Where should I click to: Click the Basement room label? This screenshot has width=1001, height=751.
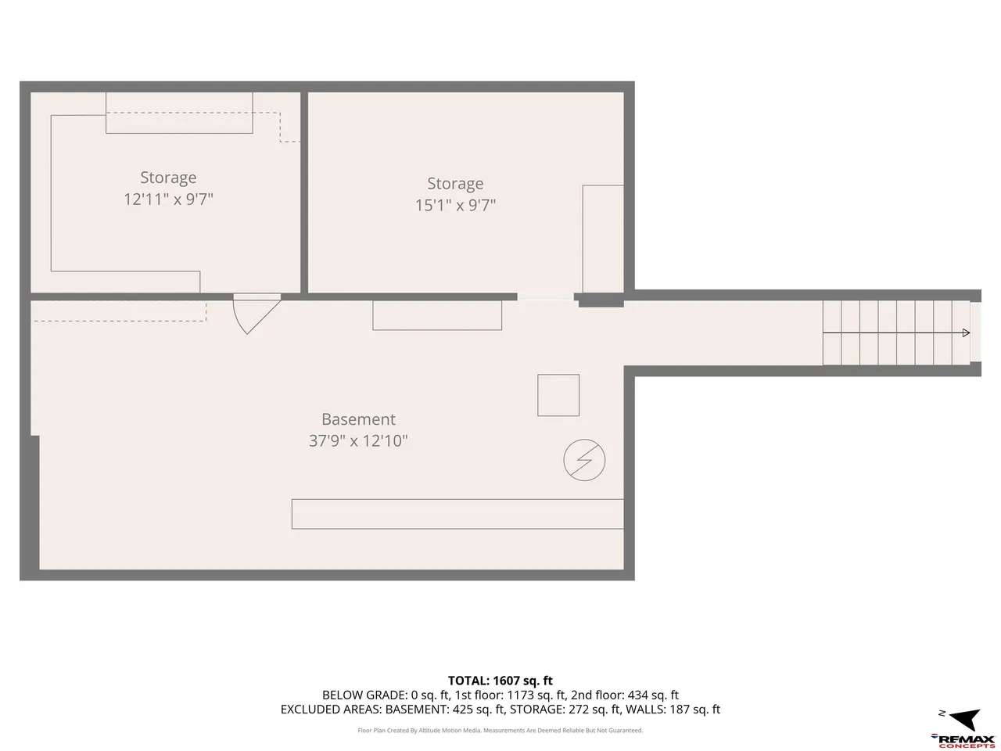tap(358, 419)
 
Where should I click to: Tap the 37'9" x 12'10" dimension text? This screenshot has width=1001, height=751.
tap(358, 441)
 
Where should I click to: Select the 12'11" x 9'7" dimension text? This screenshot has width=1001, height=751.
tap(169, 199)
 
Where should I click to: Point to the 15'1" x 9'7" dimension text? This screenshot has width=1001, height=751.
tap(455, 205)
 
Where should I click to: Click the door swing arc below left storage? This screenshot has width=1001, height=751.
tap(239, 319)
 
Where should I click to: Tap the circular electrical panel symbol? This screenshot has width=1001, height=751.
tap(584, 460)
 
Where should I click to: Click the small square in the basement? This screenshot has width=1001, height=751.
tap(558, 395)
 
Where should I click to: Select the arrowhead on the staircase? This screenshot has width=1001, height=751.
tap(966, 333)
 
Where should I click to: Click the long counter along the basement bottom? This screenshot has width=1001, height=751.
tap(457, 514)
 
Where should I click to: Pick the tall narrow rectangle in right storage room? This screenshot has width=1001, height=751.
tap(603, 239)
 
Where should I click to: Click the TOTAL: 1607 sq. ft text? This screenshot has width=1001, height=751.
tap(500, 681)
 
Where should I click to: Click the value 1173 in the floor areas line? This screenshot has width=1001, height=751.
tap(520, 695)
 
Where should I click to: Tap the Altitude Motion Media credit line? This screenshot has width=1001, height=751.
tap(500, 731)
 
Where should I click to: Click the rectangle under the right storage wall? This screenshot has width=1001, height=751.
tap(437, 315)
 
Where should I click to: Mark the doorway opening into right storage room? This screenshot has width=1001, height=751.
tap(545, 296)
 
